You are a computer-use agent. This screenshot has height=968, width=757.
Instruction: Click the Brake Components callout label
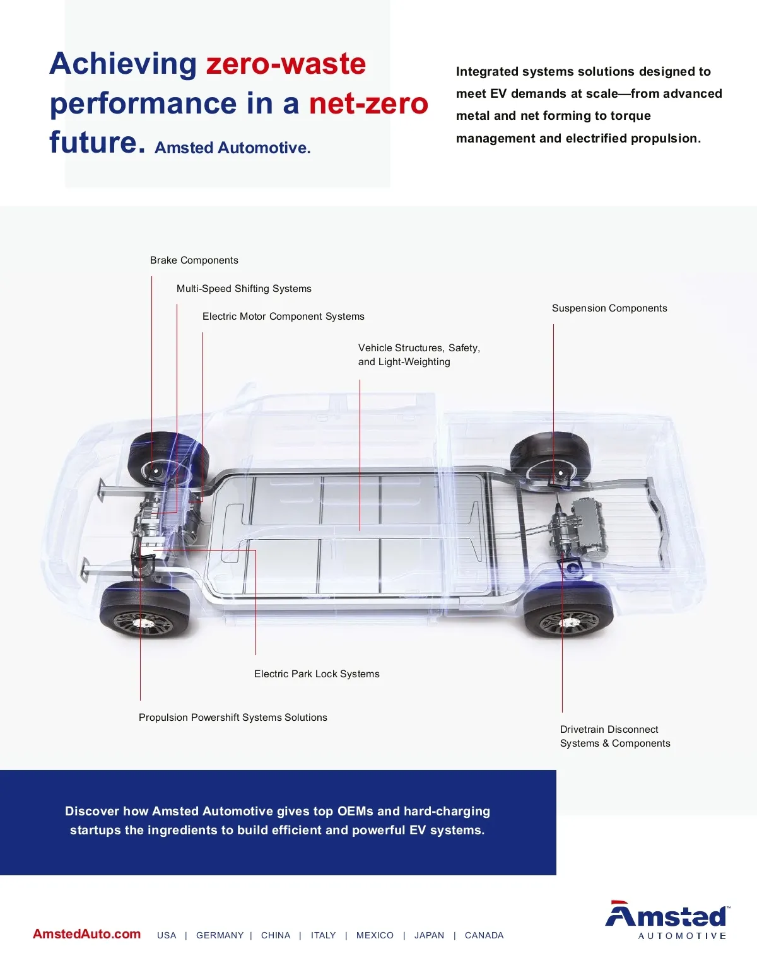[194, 260]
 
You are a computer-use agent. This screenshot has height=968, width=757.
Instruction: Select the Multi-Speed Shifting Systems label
[244, 289]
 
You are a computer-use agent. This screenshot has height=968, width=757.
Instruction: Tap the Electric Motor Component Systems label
[283, 317]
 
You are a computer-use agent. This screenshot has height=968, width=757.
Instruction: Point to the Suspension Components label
[609, 308]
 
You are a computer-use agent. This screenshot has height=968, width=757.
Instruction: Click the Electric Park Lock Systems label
[317, 674]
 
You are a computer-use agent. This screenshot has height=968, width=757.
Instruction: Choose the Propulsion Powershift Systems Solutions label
[233, 717]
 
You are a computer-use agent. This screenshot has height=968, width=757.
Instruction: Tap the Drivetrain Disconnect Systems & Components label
[615, 736]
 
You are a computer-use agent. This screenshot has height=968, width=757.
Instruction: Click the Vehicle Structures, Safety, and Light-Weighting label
[419, 354]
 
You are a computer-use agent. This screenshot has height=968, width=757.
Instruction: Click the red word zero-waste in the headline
[286, 64]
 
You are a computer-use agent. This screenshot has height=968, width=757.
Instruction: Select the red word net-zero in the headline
[368, 103]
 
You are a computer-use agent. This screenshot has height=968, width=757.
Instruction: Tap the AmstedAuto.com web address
[86, 934]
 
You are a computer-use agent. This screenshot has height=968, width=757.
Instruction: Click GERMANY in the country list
[220, 935]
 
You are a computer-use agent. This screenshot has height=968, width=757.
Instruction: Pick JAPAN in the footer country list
[429, 935]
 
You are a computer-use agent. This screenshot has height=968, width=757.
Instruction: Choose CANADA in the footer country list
[484, 935]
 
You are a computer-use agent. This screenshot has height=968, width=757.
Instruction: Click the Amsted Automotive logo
[667, 919]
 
